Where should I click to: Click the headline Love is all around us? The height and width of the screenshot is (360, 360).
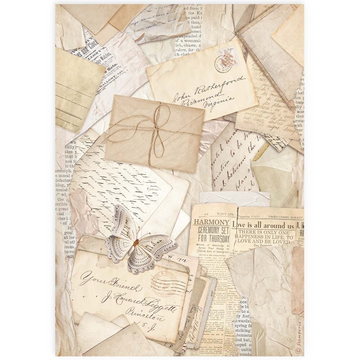[264, 225]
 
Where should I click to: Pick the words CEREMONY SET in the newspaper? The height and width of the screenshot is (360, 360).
[213, 230]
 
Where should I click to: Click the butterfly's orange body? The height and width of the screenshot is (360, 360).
[135, 243]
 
